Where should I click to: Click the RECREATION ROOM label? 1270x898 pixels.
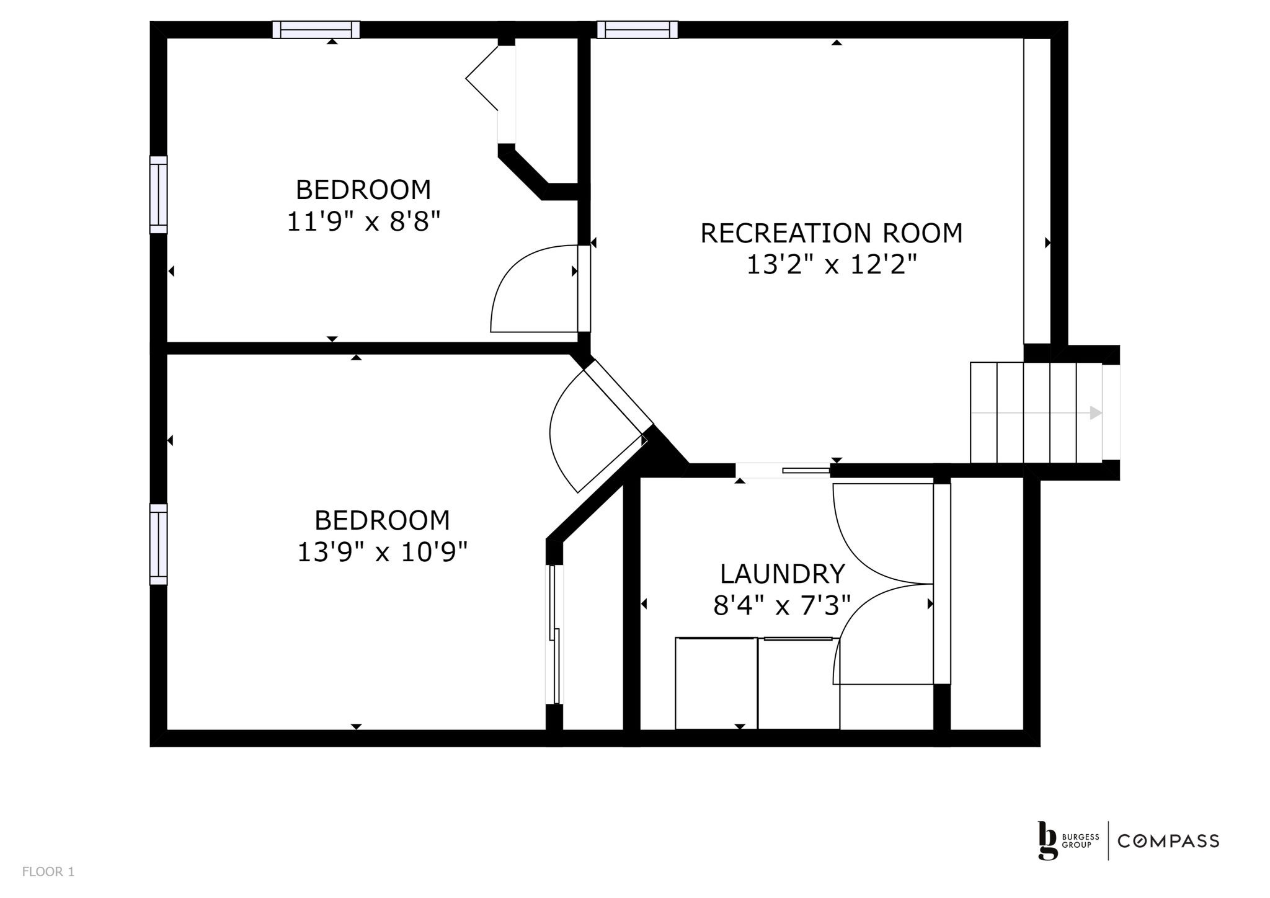(832, 233)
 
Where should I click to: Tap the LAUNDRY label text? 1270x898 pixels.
(782, 574)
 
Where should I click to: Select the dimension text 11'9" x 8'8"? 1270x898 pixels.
(363, 221)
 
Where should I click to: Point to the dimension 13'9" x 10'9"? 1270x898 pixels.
(382, 552)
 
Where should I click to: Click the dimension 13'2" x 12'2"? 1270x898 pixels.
(831, 265)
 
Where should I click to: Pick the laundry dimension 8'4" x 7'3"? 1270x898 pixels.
(781, 605)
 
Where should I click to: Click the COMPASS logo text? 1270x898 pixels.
(1168, 841)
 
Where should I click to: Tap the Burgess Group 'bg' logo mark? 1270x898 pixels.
(1047, 841)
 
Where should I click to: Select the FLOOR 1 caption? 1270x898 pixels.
(48, 872)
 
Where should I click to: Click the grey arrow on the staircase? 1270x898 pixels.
(1036, 412)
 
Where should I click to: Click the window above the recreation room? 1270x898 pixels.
(637, 30)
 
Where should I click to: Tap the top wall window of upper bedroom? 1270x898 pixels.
(316, 30)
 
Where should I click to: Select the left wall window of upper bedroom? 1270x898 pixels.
(159, 195)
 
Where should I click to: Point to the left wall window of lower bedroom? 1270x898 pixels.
(159, 545)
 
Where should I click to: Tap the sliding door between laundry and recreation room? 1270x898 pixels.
(783, 471)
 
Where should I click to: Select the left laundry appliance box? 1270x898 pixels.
(716, 683)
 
